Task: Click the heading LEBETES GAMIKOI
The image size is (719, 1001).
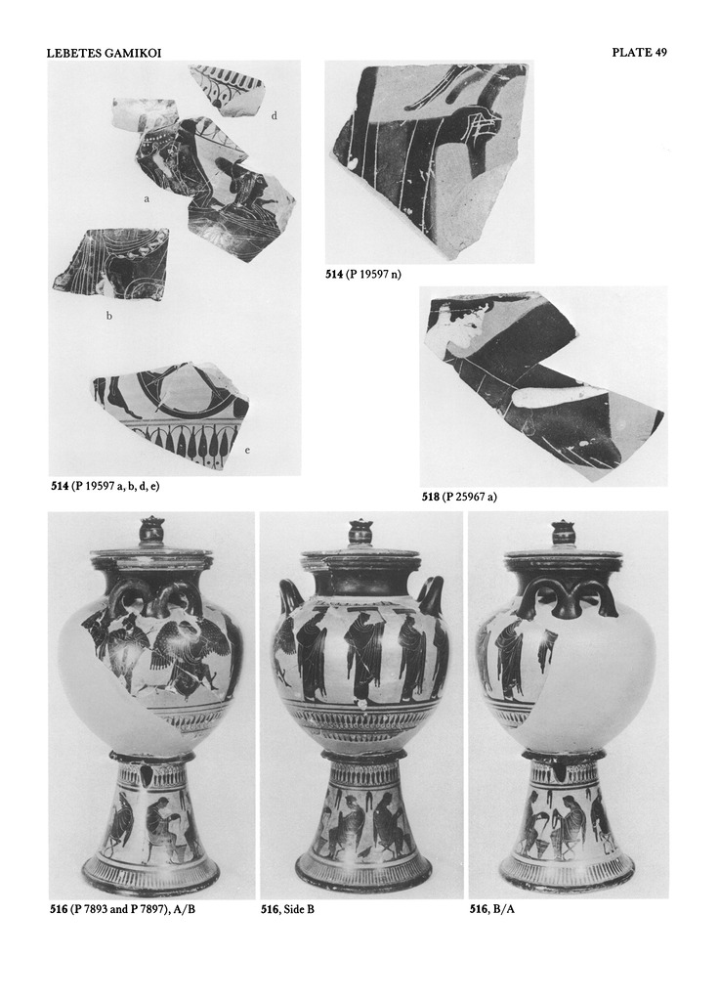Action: click(x=104, y=53)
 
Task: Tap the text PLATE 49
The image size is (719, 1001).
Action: click(x=639, y=53)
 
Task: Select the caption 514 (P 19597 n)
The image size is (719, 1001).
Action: click(x=363, y=275)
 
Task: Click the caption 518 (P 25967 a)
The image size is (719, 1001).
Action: click(x=459, y=496)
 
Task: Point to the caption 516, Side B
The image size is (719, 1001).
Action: click(x=287, y=909)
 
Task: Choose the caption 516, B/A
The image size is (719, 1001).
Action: click(x=492, y=909)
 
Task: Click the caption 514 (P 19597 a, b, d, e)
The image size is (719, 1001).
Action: click(x=106, y=486)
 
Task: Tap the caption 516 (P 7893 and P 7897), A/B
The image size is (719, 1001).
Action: click(x=122, y=909)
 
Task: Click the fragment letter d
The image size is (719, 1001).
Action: click(x=274, y=115)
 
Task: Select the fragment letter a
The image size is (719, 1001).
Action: click(x=147, y=199)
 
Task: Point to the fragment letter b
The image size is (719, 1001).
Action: click(x=109, y=316)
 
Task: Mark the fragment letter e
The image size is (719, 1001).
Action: click(x=247, y=451)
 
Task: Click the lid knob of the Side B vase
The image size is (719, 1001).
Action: click(x=361, y=531)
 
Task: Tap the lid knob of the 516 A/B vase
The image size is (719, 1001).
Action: click(x=151, y=530)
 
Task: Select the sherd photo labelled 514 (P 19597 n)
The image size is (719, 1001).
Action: click(x=430, y=162)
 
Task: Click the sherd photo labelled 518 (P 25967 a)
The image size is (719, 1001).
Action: click(x=542, y=386)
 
